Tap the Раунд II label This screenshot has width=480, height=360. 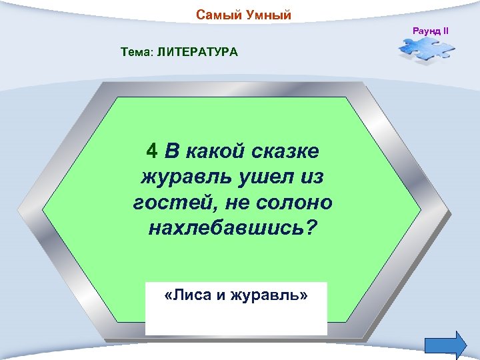click(431, 31)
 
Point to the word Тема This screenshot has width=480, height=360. click(135, 51)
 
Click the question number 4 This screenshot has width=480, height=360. click(152, 152)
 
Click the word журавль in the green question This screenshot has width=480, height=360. click(179, 178)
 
